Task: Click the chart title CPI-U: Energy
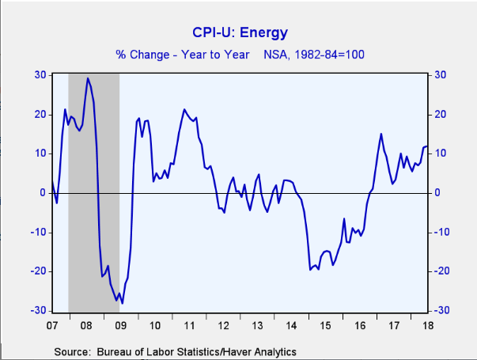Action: pyautogui.click(x=240, y=33)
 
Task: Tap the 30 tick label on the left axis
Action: pyautogui.click(x=39, y=75)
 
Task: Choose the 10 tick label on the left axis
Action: pyautogui.click(x=39, y=153)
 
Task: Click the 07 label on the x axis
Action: pyautogui.click(x=52, y=325)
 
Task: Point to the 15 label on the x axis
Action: pyautogui.click(x=324, y=325)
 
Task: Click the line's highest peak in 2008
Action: pyautogui.click(x=87, y=78)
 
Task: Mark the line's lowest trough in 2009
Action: pyautogui.click(x=123, y=303)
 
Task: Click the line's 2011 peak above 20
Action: pyautogui.click(x=184, y=109)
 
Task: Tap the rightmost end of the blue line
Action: pyautogui.click(x=427, y=146)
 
